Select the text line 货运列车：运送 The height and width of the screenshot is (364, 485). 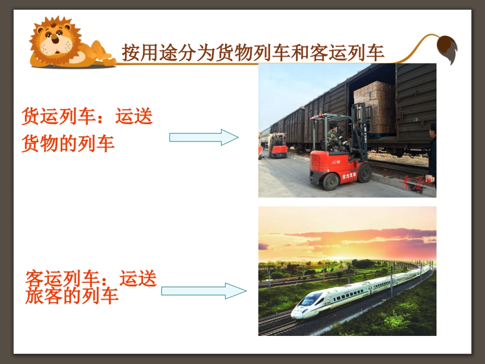coord(87,117)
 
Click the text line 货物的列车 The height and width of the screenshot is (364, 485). coord(68,143)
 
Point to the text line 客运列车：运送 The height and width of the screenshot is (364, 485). coord(91,279)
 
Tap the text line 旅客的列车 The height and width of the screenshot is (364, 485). coord(72,296)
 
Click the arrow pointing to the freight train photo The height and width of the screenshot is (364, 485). coord(204,137)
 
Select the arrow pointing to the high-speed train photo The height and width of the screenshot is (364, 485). coord(204,290)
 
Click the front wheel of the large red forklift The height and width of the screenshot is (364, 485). coord(364,173)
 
